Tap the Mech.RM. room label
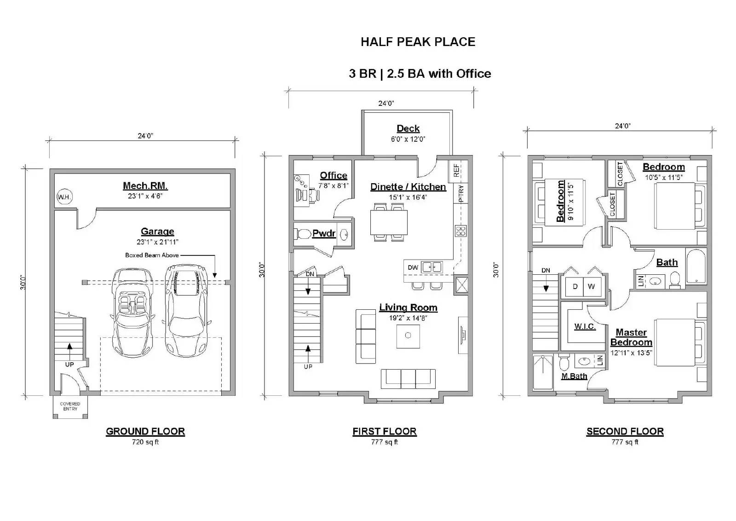point(145,186)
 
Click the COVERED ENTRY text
point(70,406)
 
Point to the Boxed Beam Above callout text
point(152,255)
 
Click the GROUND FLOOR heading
point(145,431)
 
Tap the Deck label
point(408,128)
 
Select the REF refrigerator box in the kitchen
point(456,170)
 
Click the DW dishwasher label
point(413,267)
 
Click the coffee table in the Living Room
point(408,336)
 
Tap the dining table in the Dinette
point(389,222)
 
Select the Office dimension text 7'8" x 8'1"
point(333,185)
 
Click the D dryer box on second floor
point(575,286)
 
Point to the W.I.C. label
point(585,326)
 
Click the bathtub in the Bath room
point(696,266)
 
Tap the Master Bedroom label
point(631,337)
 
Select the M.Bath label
point(575,376)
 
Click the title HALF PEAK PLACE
point(418,42)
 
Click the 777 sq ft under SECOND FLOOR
point(625,442)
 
